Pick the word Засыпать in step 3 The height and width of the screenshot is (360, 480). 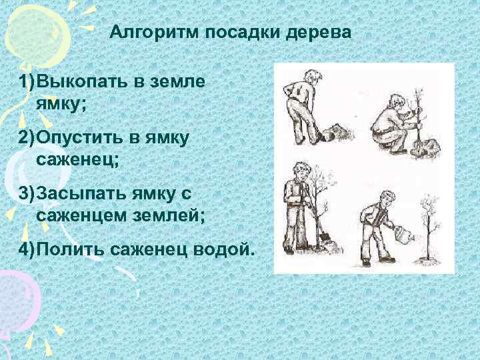pyautogui.click(x=75, y=193)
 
